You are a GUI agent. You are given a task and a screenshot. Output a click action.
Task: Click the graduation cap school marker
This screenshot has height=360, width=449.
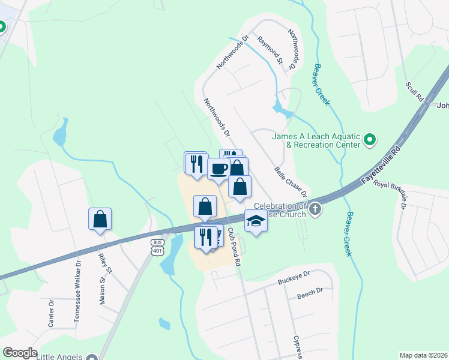click(256, 221)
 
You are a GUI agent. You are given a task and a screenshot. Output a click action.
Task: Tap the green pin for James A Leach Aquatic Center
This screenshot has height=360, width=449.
click(370, 141)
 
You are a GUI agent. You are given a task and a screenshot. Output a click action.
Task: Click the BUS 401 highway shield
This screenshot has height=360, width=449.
click(157, 247)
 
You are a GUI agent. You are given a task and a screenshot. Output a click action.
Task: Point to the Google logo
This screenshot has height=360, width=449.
click(19, 353)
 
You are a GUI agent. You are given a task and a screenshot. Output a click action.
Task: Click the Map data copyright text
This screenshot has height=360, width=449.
click(423, 355)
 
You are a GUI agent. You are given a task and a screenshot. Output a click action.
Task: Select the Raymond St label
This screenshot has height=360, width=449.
click(270, 50)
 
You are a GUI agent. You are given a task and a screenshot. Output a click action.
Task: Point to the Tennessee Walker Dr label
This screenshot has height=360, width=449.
click(77, 292)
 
